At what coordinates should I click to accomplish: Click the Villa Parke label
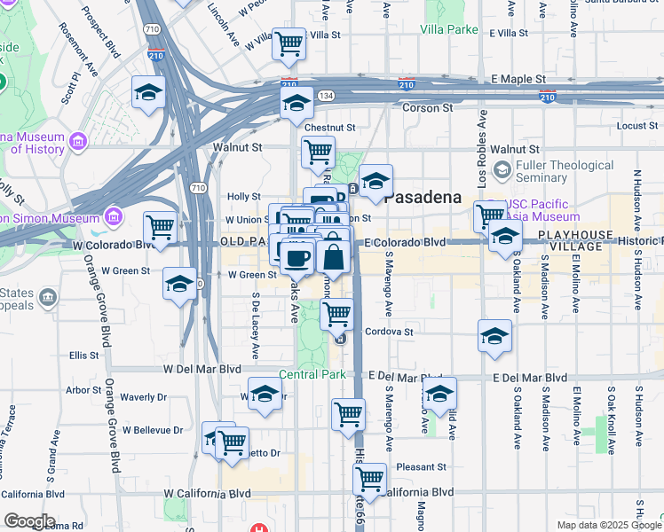pyautogui.click(x=448, y=28)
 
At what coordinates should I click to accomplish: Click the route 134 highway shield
pyautogui.click(x=327, y=95)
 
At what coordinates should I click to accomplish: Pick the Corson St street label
pyautogui.click(x=428, y=107)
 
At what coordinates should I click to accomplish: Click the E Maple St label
pyautogui.click(x=516, y=79)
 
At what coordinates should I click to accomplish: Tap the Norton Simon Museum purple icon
pyautogui.click(x=113, y=216)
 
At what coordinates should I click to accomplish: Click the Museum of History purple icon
pyautogui.click(x=77, y=142)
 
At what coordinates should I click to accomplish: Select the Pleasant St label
pyautogui.click(x=421, y=466)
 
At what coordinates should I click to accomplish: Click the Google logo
pyautogui.click(x=29, y=521)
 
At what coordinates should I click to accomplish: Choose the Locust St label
pyautogui.click(x=636, y=126)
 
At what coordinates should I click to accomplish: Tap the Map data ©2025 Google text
pyautogui.click(x=608, y=525)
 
